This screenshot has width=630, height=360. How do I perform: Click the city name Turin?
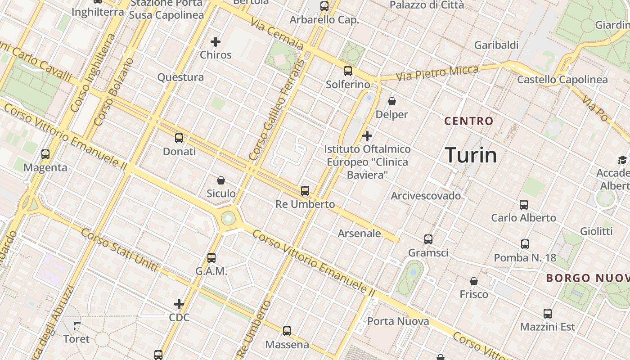coord(471,155)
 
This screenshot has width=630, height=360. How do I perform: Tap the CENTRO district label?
coord(469,121)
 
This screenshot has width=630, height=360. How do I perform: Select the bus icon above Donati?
coord(179,138)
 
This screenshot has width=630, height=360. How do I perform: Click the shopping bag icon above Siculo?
coord(221,180)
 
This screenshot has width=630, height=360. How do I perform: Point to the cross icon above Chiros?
coord(216,42)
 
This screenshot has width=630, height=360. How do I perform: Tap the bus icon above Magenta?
coord(45,154)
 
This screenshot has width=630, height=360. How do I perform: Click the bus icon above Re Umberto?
coord(305,191)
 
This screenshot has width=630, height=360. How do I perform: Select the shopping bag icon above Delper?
coord(392,101)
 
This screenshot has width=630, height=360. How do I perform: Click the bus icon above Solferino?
coord(348,71)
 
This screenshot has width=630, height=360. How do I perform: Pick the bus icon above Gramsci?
coord(428,239)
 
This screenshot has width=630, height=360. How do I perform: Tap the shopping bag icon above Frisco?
coord(473,281)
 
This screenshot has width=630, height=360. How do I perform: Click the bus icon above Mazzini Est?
coord(547,314)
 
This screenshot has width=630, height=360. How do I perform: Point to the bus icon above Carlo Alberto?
coord(524,205)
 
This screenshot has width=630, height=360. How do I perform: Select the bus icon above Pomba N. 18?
coord(525,244)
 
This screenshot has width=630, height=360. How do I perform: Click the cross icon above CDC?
coord(179,304)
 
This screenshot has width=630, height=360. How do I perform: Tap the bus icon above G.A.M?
coord(211,258)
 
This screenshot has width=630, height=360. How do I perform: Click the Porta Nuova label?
coord(398,321)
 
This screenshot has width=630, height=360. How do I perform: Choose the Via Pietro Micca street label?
coord(437,74)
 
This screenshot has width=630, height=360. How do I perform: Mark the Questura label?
coord(180,77)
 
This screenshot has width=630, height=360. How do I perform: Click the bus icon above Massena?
coord(287,331)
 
